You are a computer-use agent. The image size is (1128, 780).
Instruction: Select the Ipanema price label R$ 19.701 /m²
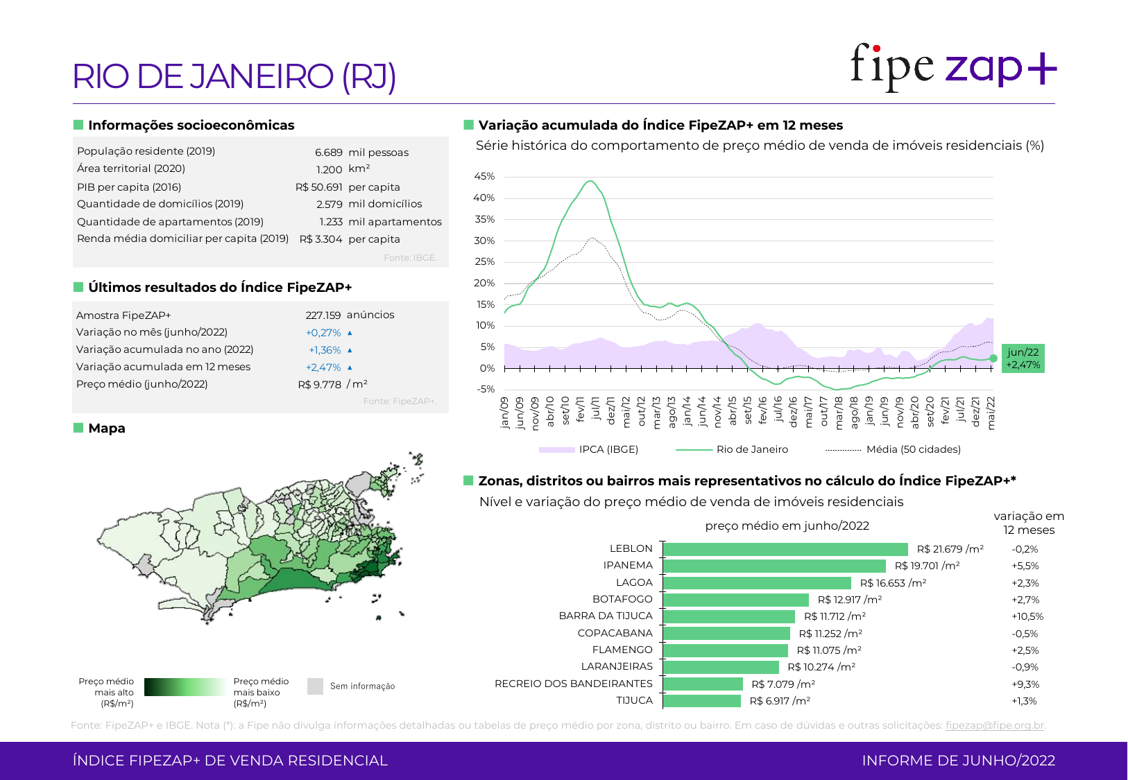(927, 566)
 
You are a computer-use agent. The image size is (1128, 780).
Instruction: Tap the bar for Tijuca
(702, 701)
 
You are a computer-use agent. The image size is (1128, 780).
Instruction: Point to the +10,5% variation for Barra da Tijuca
(1027, 616)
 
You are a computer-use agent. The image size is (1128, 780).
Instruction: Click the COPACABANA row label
(615, 633)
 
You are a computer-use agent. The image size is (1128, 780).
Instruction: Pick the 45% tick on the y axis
(484, 177)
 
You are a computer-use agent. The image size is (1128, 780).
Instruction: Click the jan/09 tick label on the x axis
(504, 413)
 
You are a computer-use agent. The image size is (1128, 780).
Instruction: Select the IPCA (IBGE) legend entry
(608, 449)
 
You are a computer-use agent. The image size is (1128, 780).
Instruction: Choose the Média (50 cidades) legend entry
(913, 449)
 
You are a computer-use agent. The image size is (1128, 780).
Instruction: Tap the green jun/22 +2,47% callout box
(1023, 358)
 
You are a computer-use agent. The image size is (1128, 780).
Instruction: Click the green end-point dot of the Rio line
(993, 358)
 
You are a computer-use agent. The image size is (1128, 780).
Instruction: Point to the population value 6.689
(329, 153)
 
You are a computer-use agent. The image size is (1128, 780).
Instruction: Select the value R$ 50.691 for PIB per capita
(319, 187)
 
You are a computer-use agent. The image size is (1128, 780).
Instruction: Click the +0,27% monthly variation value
(323, 333)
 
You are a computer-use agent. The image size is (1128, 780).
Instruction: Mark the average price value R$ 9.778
(320, 385)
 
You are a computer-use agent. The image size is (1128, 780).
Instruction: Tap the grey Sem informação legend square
(315, 686)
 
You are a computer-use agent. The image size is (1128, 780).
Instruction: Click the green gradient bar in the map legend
(185, 687)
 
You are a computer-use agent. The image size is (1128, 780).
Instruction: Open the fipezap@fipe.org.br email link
(995, 725)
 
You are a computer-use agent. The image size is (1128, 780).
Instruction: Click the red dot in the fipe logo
(877, 49)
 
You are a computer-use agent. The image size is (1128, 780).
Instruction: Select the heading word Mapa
(107, 428)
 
